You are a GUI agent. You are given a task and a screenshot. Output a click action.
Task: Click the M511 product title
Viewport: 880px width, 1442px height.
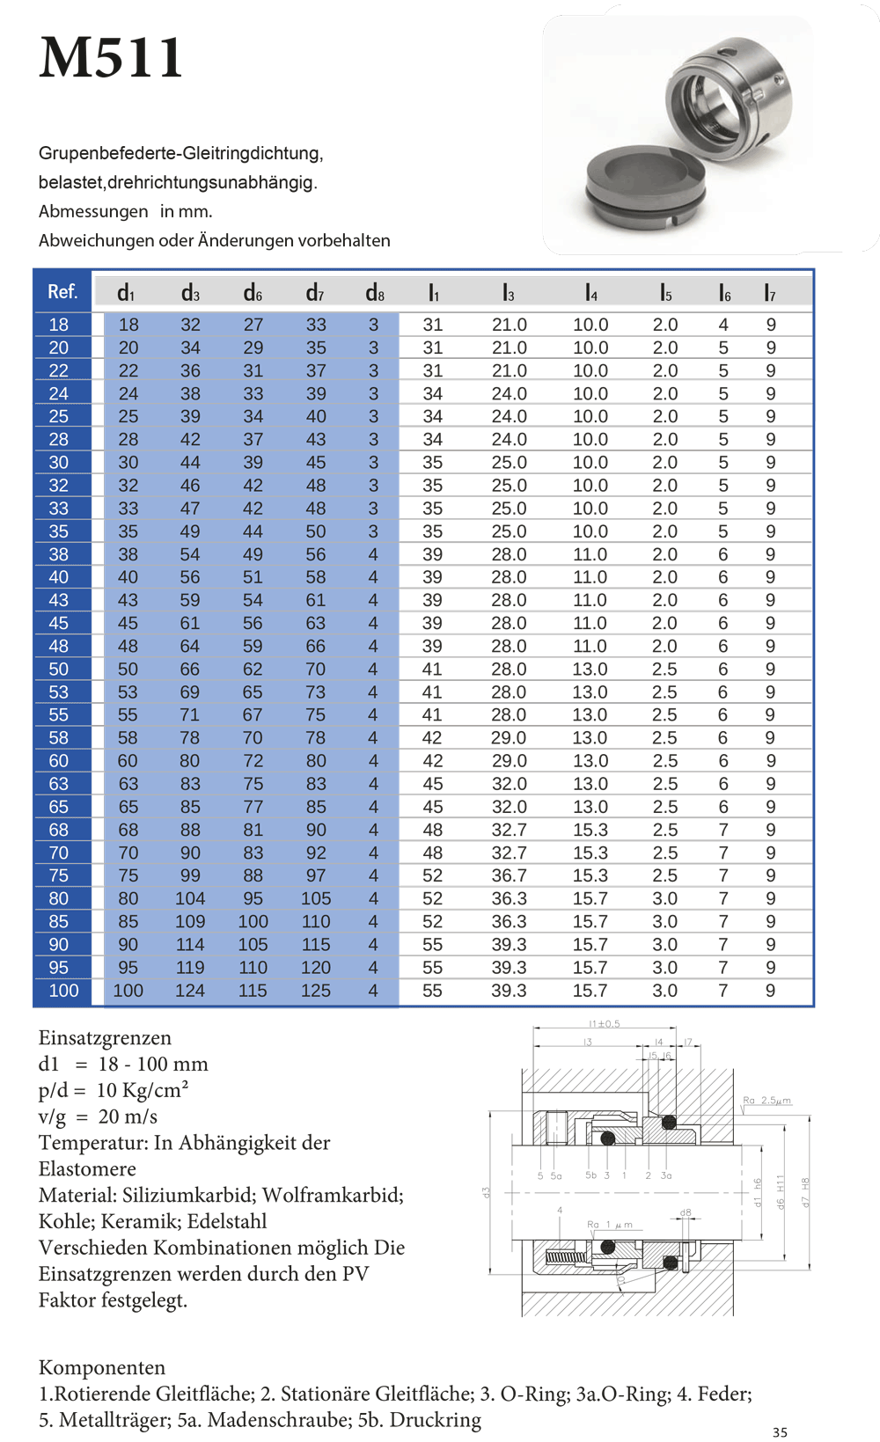coord(111,58)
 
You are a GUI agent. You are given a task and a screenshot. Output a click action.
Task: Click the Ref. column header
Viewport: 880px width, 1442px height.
coord(62,291)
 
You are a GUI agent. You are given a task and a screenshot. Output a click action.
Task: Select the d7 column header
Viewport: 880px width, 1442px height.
coord(315,293)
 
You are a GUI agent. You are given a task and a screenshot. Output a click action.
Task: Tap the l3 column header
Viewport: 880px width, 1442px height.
coord(509,293)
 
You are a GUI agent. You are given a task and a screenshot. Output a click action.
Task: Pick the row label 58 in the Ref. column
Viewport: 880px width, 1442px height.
coord(59,738)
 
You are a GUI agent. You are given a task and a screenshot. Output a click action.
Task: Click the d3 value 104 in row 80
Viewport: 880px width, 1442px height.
coord(190,898)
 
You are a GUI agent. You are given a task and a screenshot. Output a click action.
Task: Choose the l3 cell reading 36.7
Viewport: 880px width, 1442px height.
coord(509,875)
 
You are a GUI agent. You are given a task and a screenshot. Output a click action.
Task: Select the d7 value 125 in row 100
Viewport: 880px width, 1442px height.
coord(315,991)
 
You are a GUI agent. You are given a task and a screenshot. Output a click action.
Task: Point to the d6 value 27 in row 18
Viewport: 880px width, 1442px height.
coord(253,325)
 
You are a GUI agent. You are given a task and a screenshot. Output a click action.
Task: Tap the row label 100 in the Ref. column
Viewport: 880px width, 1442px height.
coord(63,991)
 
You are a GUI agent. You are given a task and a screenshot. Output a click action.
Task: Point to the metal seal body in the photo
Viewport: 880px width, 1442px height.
coord(729,96)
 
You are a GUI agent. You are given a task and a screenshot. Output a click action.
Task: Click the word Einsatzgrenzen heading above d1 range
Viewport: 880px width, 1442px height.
coord(105,1038)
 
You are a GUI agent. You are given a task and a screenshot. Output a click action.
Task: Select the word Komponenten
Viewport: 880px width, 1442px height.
coord(102,1367)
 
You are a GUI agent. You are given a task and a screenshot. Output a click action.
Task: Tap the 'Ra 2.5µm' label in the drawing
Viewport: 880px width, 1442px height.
coord(766,1100)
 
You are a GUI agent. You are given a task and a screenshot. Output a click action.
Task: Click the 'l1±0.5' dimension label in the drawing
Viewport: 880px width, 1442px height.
coord(605,1023)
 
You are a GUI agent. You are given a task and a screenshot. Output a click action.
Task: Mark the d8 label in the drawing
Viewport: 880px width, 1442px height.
coord(686,1212)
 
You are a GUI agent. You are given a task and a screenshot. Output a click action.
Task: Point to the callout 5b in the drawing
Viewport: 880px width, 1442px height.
coord(590,1175)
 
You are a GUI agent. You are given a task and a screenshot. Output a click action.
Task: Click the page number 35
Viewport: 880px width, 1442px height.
coord(780,1432)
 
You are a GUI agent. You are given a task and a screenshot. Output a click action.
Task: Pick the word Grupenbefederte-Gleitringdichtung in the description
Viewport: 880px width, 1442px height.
coord(180,153)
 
